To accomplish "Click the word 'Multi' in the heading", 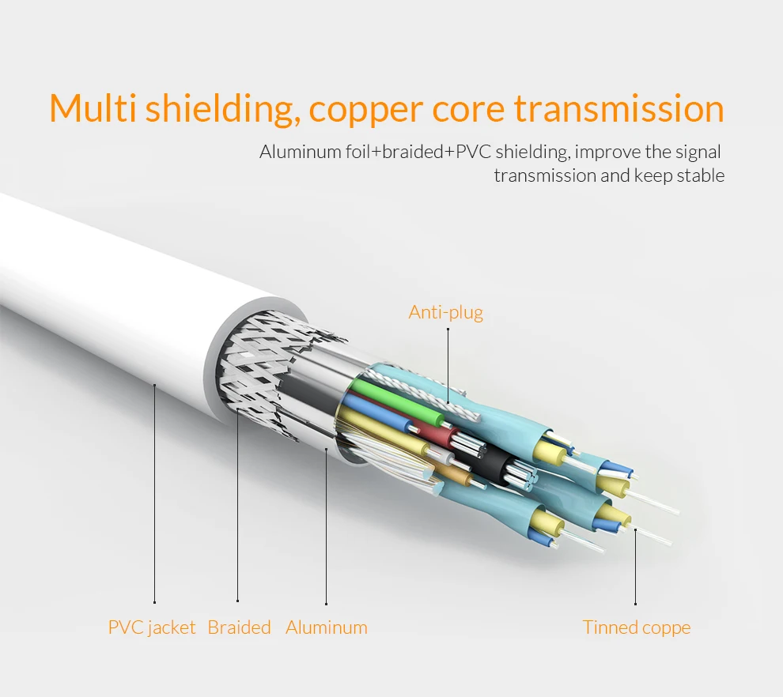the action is (x=93, y=107).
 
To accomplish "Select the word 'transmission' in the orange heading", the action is (x=619, y=107).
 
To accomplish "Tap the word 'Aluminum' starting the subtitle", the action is (x=300, y=152).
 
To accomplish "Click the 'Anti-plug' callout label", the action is (x=446, y=313).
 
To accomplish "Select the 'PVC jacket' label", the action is (x=152, y=627).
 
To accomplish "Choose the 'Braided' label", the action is (x=239, y=627).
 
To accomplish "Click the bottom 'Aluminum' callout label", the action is (x=327, y=627).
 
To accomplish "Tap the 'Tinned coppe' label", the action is (x=637, y=627).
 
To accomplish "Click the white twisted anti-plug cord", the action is (x=425, y=392).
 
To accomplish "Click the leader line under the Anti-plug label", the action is (x=448, y=366).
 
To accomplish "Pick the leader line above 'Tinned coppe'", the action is (x=635, y=567).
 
